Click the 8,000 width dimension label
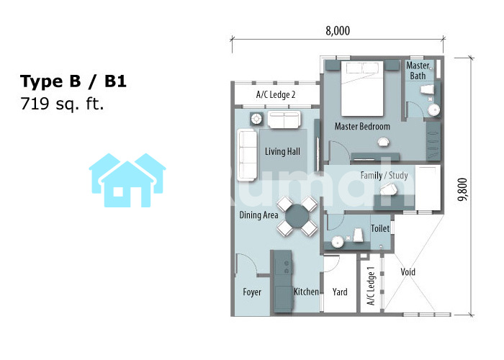point(338,31)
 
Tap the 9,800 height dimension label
point(462,189)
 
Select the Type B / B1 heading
point(73,81)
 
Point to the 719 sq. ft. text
point(62,104)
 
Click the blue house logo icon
point(127,180)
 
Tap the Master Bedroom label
point(362,126)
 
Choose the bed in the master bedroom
point(362,89)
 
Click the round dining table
point(297,216)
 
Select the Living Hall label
point(282,151)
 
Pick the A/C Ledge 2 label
point(276,94)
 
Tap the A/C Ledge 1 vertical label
point(371,286)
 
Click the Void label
point(408,272)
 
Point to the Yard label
point(340,292)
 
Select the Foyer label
point(252,292)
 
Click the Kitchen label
point(306,292)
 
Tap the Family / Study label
point(384,176)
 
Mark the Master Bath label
point(418,71)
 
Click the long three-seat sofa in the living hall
point(247,155)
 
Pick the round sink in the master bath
point(433,110)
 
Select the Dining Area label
point(258,215)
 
